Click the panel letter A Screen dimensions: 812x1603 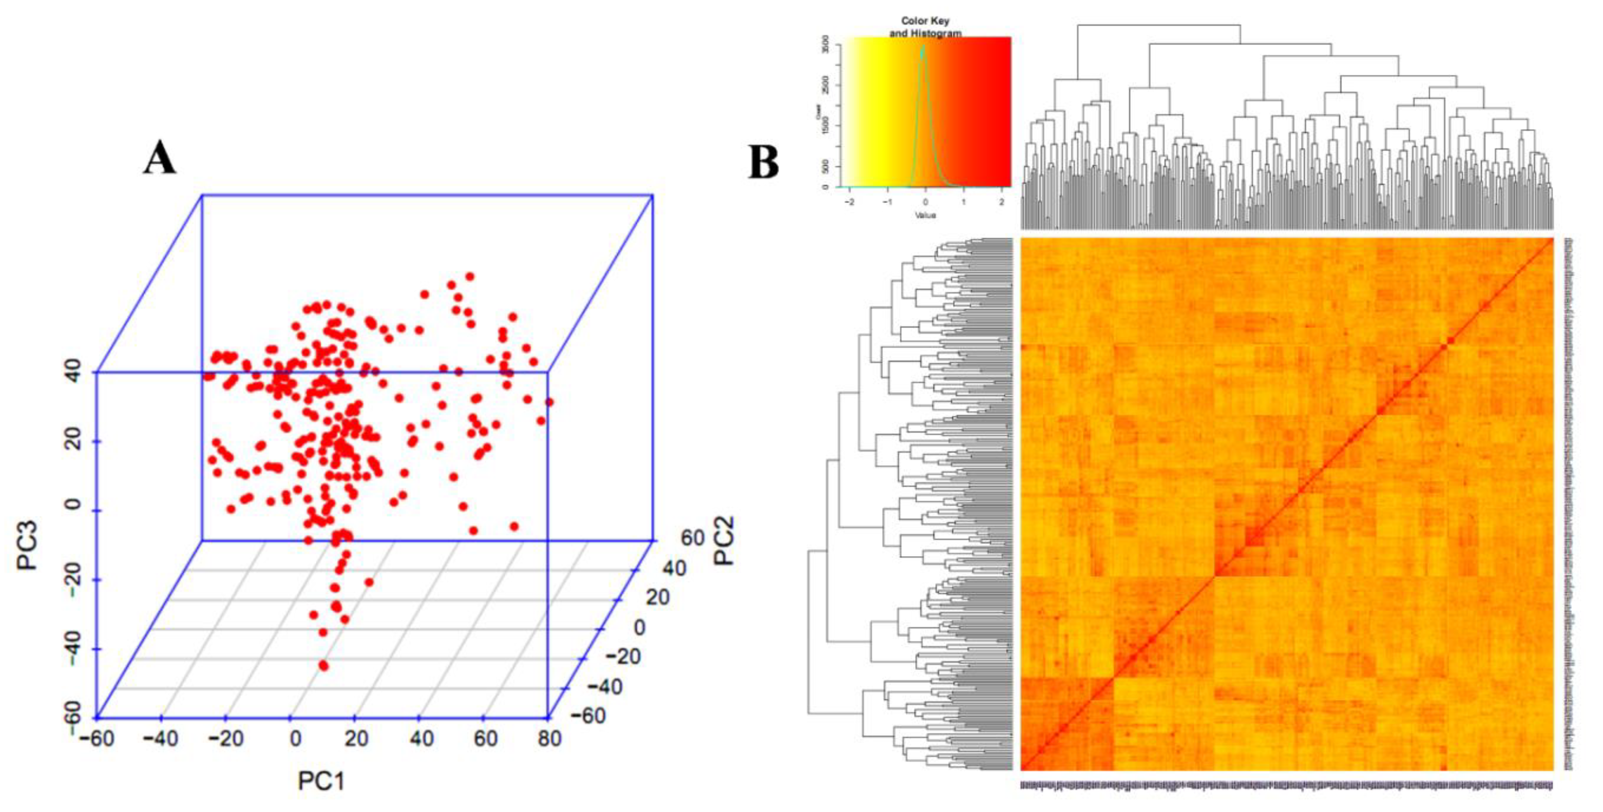tap(159, 158)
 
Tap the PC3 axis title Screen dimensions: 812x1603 tap(28, 545)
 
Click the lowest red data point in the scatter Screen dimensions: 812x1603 tap(323, 666)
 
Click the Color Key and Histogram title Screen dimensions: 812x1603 tap(925, 27)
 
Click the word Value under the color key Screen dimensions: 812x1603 tap(925, 215)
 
